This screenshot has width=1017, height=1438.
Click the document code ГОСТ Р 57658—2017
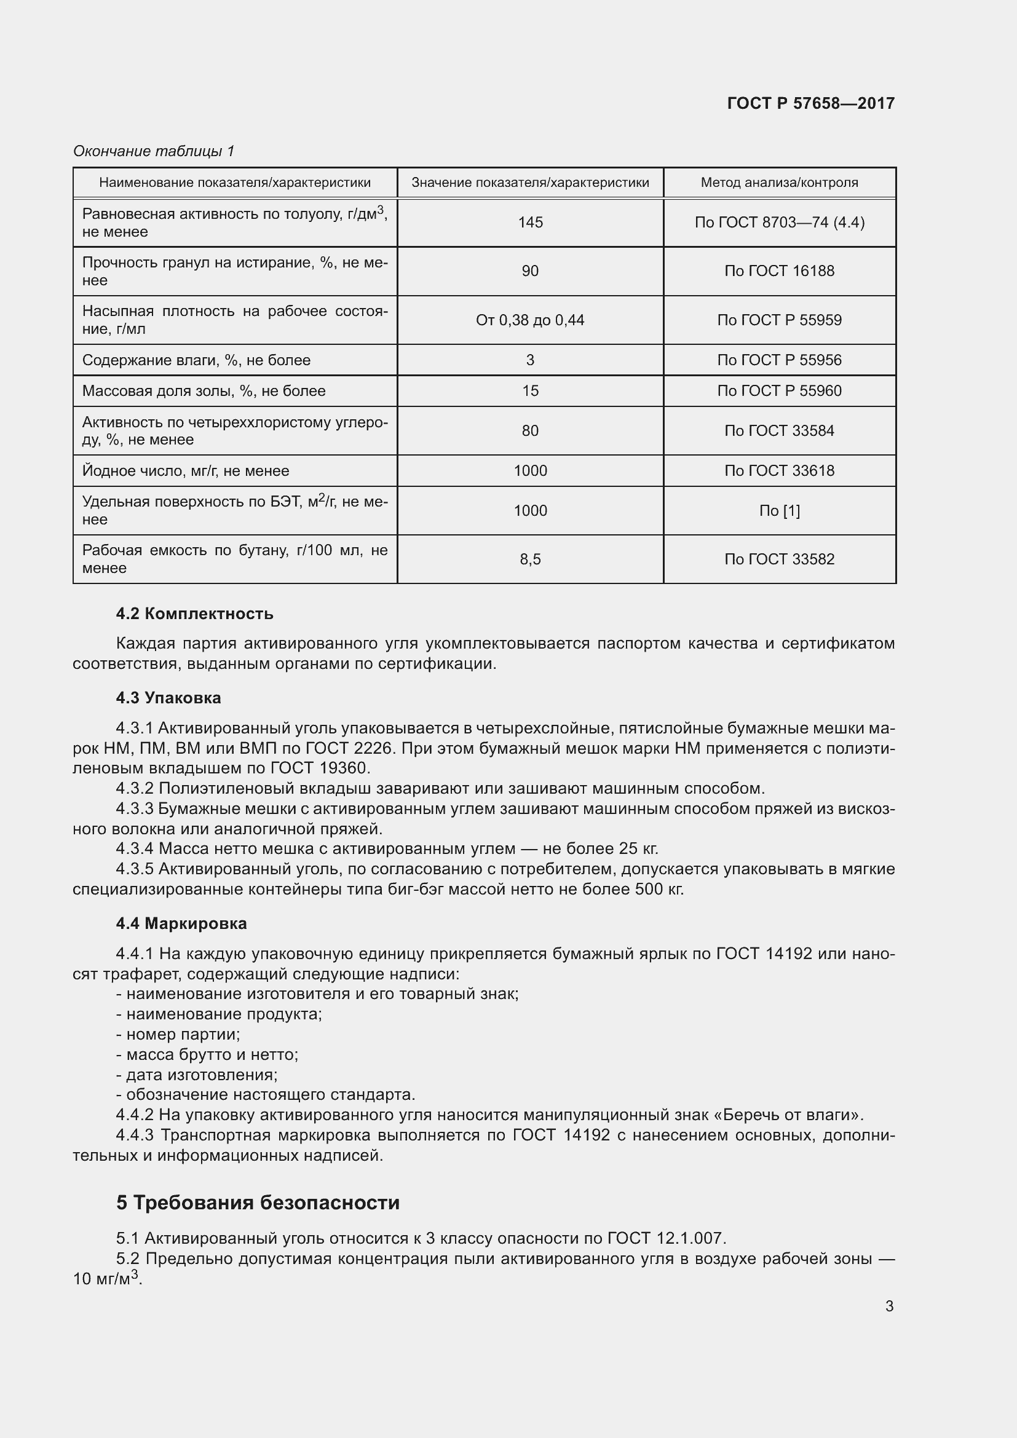810,103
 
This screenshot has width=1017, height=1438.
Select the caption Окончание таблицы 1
154,151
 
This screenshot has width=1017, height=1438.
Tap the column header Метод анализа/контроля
779,183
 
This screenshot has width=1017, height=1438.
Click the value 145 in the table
530,223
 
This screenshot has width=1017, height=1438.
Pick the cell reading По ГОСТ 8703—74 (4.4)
779,223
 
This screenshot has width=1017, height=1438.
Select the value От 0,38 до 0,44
530,321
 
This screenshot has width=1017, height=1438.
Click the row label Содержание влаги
196,360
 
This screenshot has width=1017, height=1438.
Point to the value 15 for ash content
530,392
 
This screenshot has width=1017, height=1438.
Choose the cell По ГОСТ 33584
779,431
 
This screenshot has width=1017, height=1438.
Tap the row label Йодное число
185,471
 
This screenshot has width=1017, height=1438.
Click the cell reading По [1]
779,511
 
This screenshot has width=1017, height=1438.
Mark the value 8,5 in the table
530,559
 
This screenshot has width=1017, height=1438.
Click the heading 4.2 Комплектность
195,614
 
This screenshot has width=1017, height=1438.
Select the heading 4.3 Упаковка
168,698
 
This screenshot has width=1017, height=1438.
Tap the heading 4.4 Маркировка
181,923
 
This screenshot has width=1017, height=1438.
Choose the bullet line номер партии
178,1034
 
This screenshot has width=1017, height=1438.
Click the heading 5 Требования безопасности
258,1203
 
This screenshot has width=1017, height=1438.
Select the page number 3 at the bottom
888,1306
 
